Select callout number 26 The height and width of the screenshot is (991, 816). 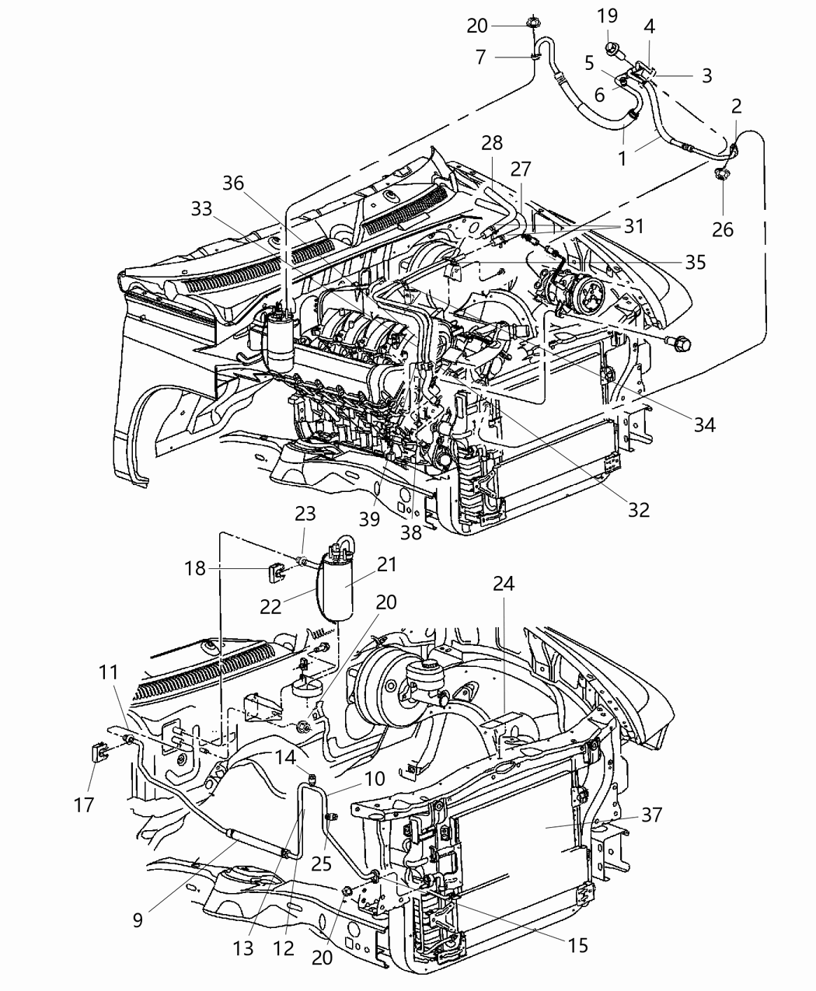723,229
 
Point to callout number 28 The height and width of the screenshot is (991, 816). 491,143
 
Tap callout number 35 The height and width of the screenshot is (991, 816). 695,262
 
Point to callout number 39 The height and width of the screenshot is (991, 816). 369,518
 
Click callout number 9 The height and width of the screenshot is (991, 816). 138,920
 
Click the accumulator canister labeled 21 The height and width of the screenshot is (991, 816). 333,584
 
